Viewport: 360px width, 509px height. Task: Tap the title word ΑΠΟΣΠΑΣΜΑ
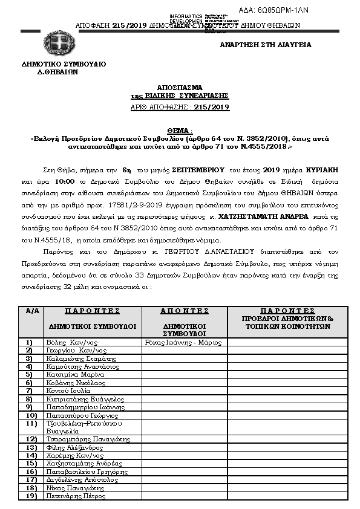point(180,88)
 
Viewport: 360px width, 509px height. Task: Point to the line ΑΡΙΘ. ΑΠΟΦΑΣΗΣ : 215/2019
point(180,107)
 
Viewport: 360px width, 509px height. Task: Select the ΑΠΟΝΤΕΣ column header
point(185,311)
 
